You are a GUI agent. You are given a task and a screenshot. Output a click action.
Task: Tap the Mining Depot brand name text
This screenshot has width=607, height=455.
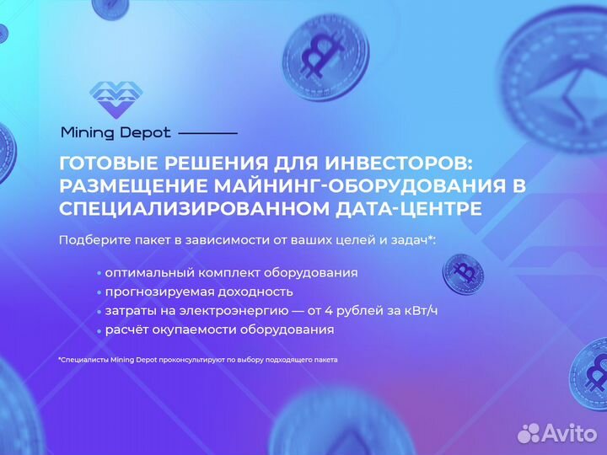(115, 132)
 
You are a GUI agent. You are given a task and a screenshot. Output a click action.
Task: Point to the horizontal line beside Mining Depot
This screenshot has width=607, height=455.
(208, 133)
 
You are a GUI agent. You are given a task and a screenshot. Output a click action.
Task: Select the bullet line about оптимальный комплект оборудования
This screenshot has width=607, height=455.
(231, 273)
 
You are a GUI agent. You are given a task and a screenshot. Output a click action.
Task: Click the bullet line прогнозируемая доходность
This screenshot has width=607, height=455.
(199, 292)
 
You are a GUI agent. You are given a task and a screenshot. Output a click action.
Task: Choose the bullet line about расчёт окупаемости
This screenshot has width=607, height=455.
(219, 330)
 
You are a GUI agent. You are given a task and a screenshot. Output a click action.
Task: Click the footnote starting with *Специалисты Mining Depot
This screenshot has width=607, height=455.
(198, 360)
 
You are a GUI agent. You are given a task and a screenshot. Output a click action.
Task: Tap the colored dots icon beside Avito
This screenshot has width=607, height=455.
(529, 432)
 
